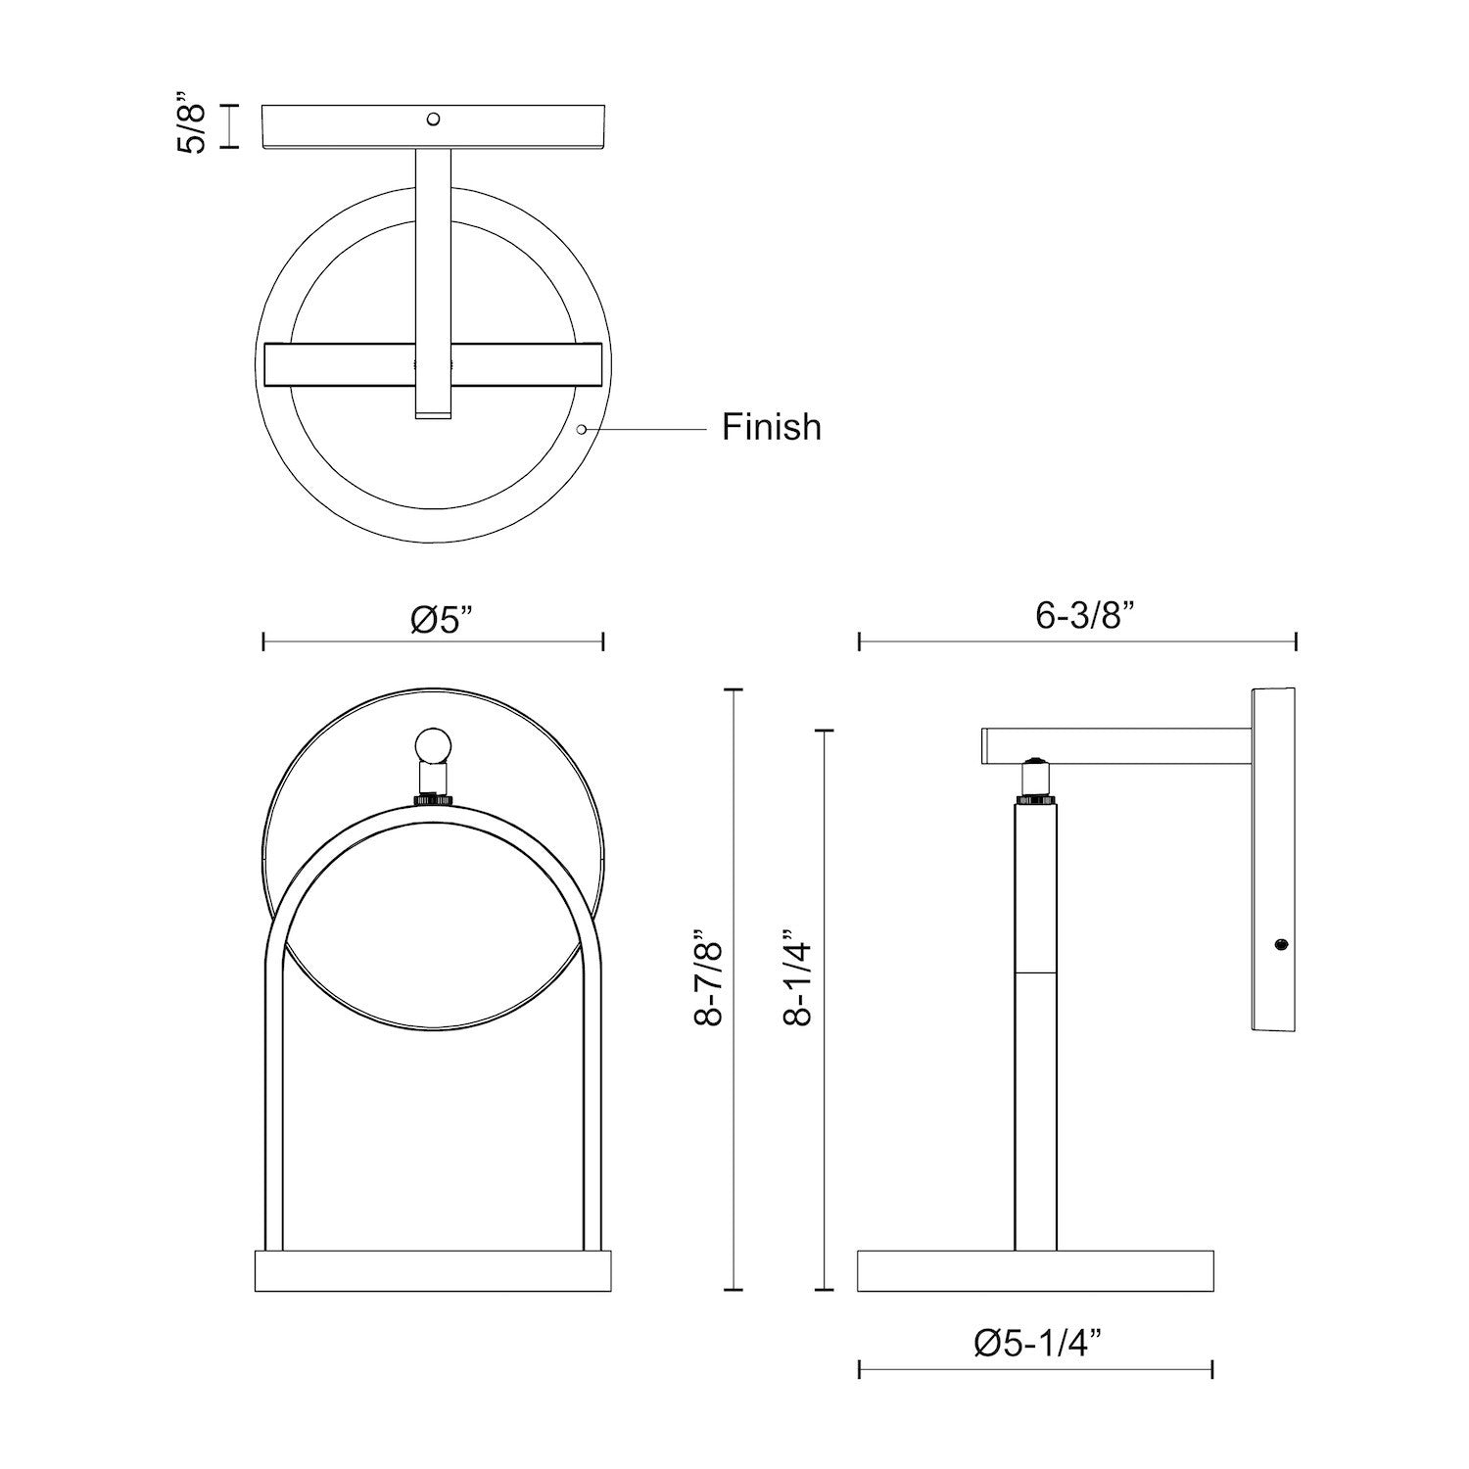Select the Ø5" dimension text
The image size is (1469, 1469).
pos(441,619)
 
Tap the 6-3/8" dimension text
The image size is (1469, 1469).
pos(1085,617)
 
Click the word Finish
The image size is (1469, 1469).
pos(772,427)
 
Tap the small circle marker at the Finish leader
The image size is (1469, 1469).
pos(582,429)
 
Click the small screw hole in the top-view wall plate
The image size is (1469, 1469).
pos(432,119)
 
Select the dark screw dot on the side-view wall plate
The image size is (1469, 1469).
pos(1280,945)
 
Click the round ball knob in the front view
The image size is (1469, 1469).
pos(432,746)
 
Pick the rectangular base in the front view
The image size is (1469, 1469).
pos(432,1271)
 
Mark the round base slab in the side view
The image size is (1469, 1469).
pos(1035,1271)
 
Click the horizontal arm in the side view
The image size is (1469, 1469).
pos(1116,745)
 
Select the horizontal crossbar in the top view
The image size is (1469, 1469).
pos(432,364)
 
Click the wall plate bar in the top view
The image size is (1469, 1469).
pos(432,128)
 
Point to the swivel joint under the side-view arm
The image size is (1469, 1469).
pos(1034,780)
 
